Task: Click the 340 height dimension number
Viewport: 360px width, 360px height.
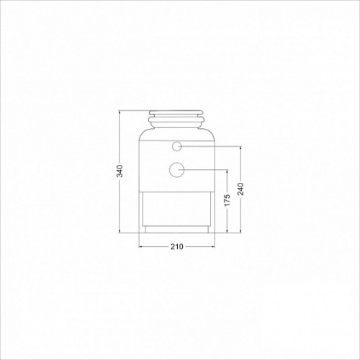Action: tap(120, 171)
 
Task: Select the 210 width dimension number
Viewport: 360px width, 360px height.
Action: tap(177, 246)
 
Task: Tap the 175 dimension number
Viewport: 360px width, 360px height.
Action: tap(227, 200)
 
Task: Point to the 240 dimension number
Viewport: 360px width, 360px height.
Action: tap(240, 189)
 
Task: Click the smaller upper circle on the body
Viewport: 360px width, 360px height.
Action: tap(177, 146)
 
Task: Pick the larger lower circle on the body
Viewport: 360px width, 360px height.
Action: tap(176, 170)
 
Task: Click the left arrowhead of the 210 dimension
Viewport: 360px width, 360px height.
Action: tap(141, 246)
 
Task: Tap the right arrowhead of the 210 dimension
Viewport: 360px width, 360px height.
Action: tap(213, 246)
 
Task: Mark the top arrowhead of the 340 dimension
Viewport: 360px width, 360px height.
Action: tap(120, 112)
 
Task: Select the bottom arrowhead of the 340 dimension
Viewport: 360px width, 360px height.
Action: tap(120, 230)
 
